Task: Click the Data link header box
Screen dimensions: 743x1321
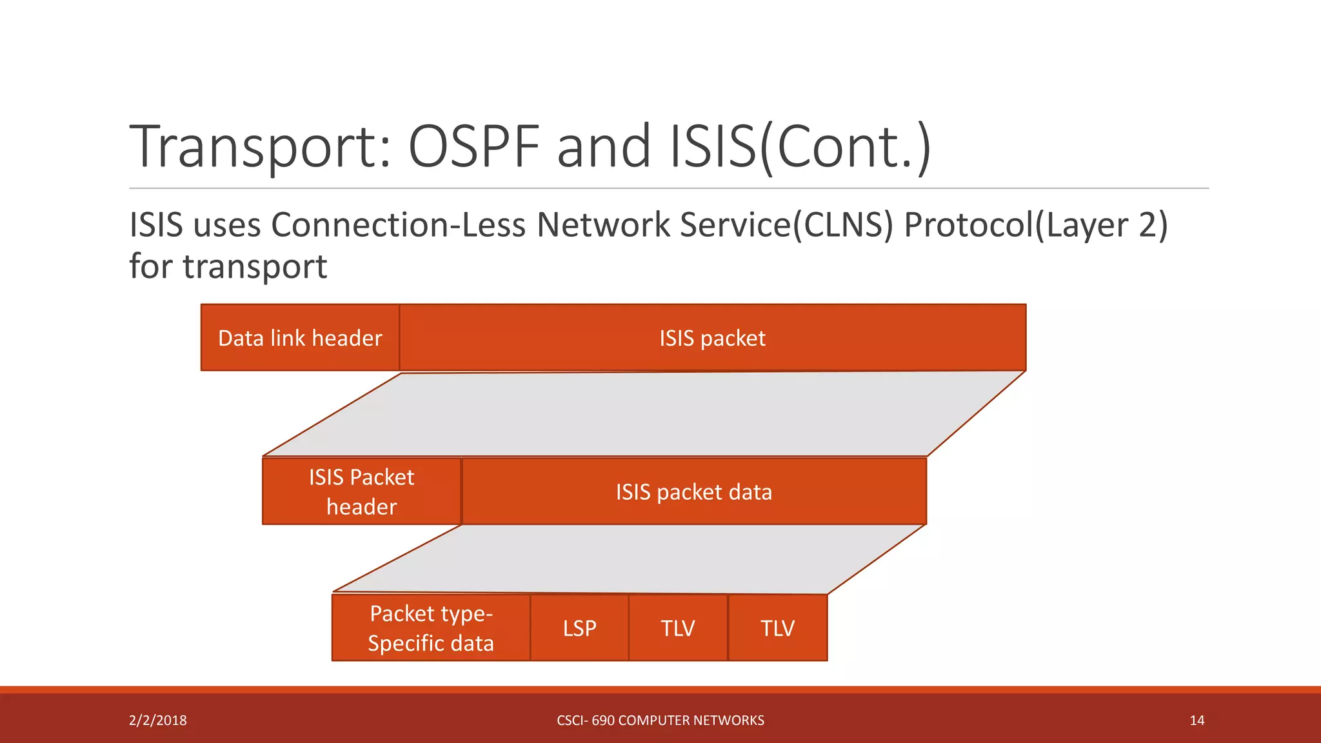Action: point(300,338)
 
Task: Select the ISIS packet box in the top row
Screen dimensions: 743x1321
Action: point(712,338)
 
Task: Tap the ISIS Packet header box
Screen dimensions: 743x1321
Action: point(361,491)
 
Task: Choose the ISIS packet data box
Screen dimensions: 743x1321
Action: point(694,492)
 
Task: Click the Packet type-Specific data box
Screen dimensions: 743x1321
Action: point(431,628)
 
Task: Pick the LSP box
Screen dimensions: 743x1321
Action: point(579,628)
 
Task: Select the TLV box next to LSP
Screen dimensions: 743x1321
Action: point(678,628)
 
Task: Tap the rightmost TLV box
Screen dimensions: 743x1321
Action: point(777,628)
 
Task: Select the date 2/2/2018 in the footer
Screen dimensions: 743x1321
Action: point(158,720)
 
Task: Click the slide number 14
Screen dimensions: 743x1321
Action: point(1197,720)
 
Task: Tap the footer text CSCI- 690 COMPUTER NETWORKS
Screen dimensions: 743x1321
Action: point(660,720)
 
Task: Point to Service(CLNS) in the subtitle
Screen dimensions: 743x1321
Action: point(786,225)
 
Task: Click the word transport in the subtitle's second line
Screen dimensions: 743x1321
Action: point(255,266)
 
